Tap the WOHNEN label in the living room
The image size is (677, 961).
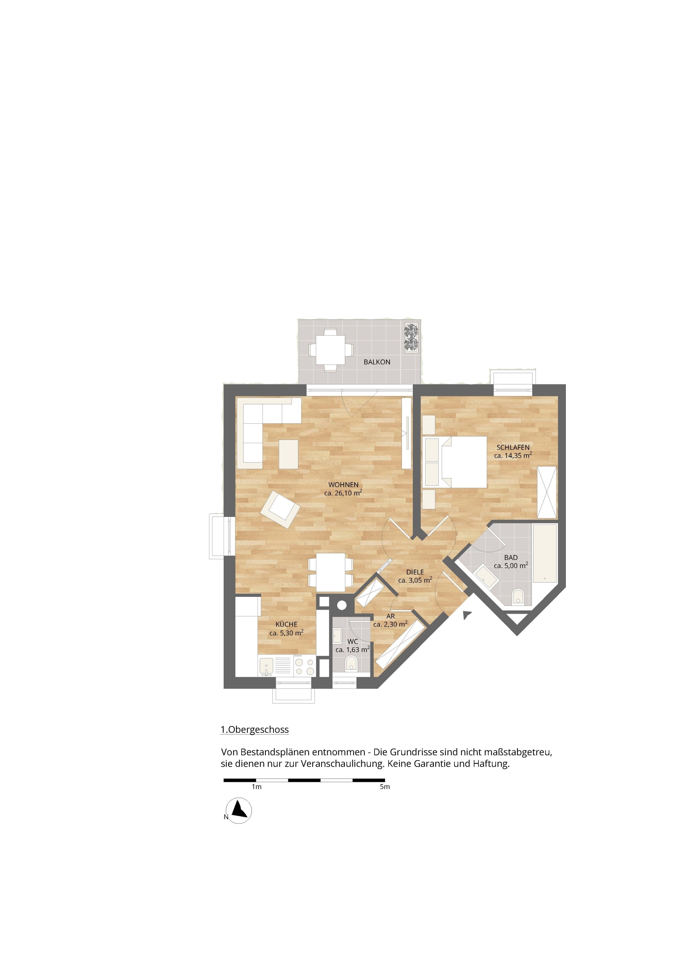343,485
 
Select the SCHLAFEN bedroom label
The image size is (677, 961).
513,447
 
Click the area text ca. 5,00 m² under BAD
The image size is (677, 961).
511,565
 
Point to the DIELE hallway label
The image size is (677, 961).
415,572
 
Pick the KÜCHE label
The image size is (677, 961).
286,624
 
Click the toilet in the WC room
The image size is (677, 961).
351,663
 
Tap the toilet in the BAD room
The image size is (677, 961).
518,596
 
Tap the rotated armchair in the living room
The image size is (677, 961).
280,509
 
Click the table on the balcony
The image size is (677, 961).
330,350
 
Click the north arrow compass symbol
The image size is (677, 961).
239,811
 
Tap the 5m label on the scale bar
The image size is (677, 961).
385,787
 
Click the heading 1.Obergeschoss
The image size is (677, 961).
254,729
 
